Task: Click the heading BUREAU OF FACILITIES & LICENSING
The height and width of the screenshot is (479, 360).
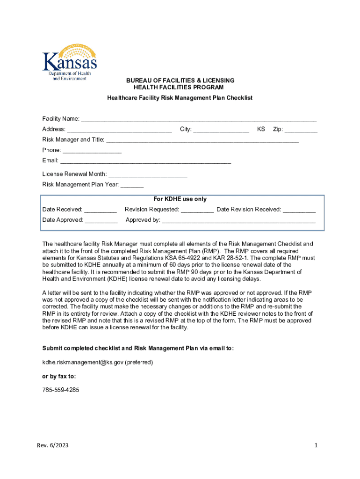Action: (180, 80)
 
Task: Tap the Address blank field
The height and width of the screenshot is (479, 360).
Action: (119, 130)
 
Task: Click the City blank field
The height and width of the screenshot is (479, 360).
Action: (221, 130)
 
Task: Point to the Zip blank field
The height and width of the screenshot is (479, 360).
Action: (301, 130)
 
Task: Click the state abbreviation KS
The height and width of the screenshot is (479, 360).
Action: (261, 129)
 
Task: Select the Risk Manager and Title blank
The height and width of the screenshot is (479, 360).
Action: (202, 140)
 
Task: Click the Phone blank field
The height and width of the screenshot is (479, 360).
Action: (92, 151)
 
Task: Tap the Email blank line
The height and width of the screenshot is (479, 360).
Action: (145, 161)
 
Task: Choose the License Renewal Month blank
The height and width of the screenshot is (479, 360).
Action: (148, 175)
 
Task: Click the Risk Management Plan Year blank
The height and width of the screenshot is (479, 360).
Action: (132, 185)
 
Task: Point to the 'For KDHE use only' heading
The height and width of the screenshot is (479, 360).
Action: (180, 199)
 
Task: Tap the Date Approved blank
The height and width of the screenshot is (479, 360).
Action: (101, 221)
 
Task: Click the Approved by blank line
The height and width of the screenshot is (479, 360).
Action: (238, 221)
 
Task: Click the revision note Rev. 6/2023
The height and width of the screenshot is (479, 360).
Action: (53, 446)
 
